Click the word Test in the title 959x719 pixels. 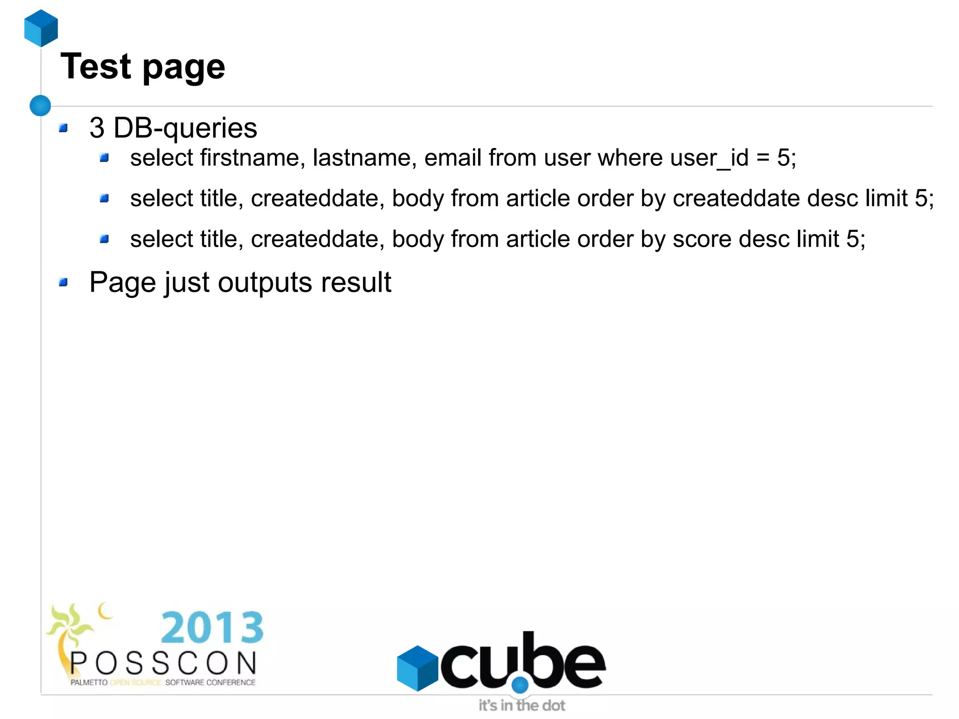coord(96,67)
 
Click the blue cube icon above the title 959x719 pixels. coord(41,28)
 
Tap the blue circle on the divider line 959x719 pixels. coord(40,105)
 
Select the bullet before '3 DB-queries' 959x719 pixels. coord(64,128)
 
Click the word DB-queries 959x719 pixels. coord(185,128)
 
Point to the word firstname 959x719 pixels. coord(250,157)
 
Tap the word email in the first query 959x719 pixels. coord(453,157)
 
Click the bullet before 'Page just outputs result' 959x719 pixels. coord(64,282)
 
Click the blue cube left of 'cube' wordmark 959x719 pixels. coord(417,668)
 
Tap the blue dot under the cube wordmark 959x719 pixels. coord(520,685)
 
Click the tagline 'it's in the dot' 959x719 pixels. coord(522,705)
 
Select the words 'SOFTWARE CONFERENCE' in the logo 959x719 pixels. coord(210,682)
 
